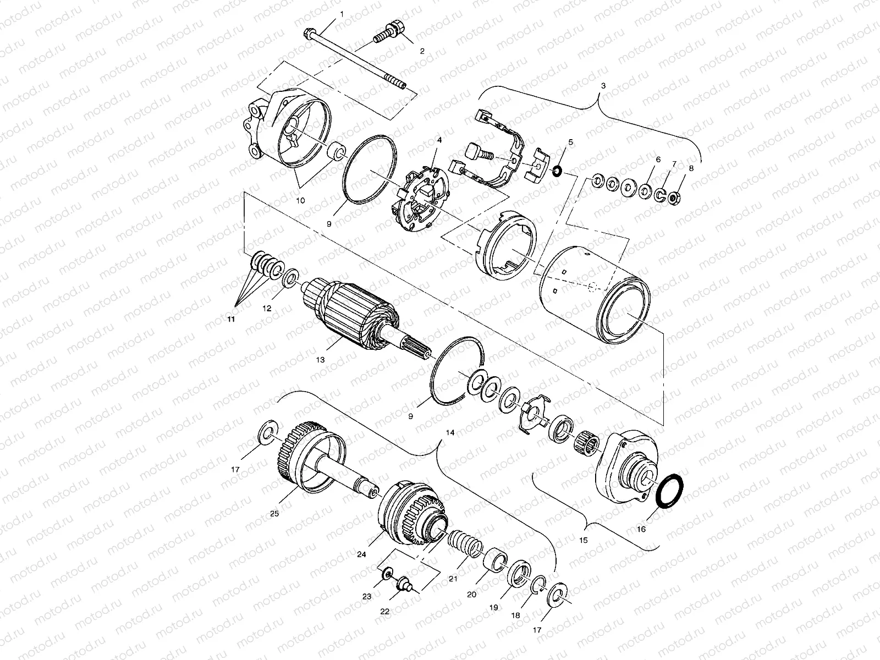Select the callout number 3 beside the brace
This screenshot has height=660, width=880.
pos(603,86)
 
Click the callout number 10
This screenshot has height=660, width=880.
pos(300,201)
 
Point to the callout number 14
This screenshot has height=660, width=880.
pos(450,433)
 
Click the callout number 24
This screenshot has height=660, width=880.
pos(361,555)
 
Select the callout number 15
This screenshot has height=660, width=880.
pos(584,540)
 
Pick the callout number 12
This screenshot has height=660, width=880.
pos(267,309)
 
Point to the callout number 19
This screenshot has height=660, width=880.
pos(493,607)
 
